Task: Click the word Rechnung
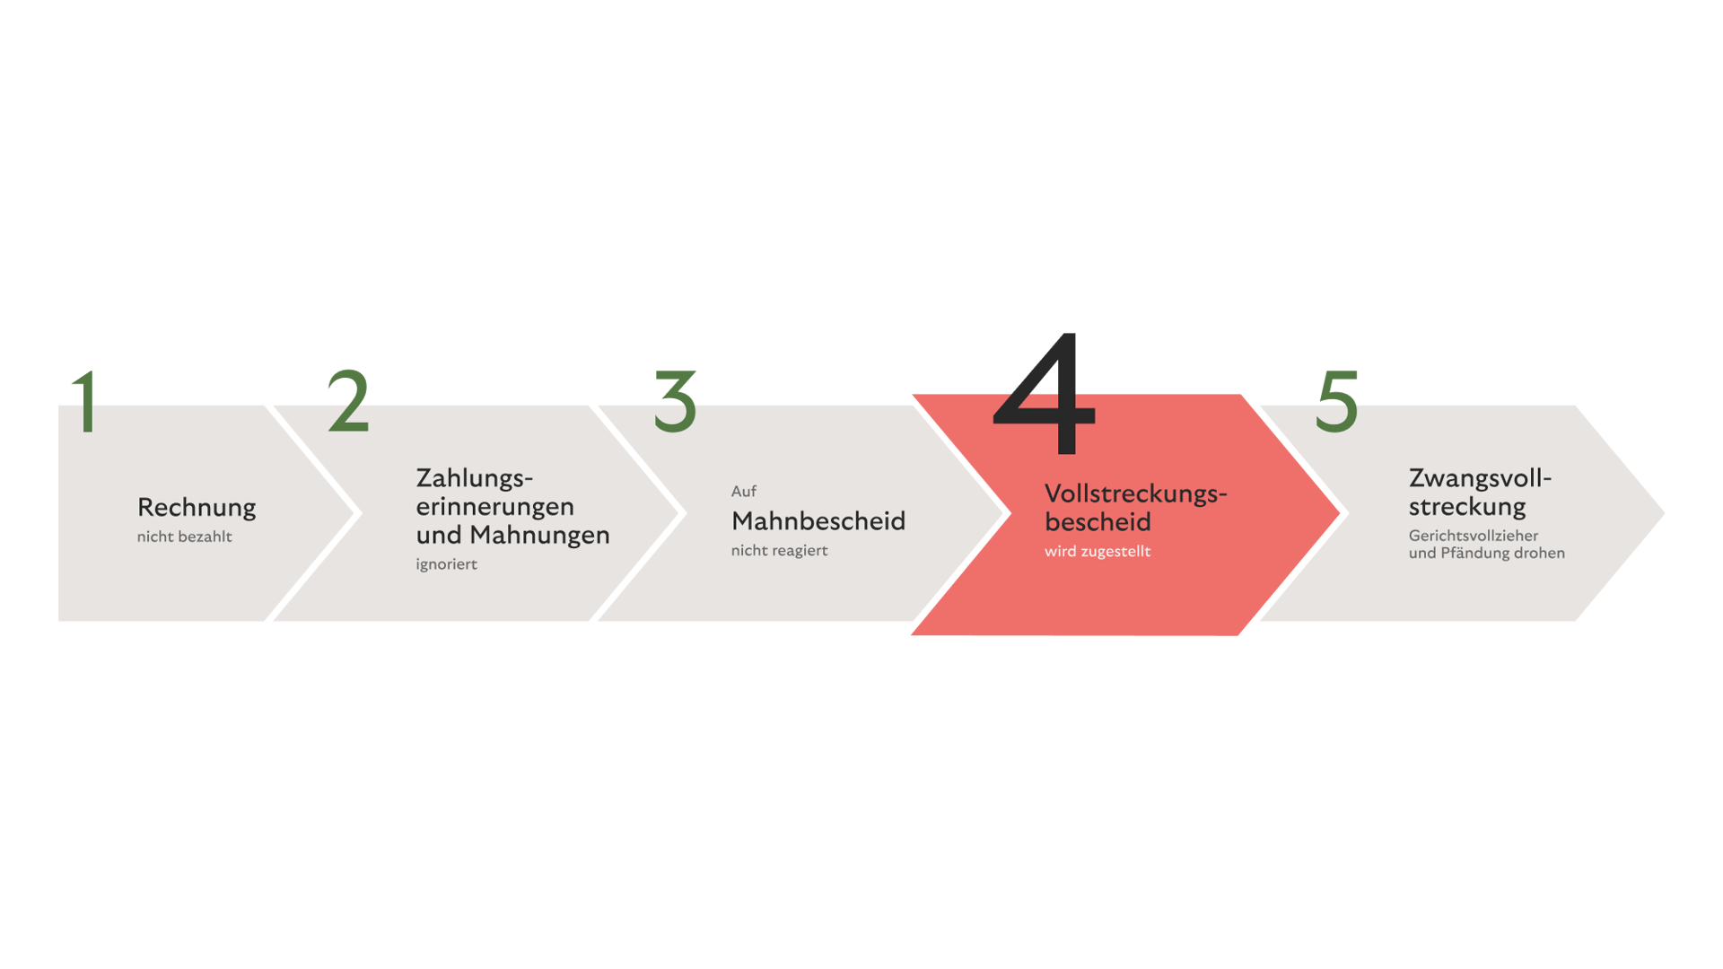tap(197, 508)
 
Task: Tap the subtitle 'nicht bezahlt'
tap(184, 537)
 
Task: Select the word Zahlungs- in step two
tap(474, 478)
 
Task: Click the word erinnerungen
tap(494, 507)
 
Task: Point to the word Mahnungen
tap(539, 536)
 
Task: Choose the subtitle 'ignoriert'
tap(446, 564)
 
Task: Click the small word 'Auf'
tap(743, 492)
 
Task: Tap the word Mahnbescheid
tap(818, 521)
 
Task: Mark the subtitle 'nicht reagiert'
tap(779, 551)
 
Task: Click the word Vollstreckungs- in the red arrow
tap(1135, 494)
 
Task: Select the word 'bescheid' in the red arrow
tap(1098, 522)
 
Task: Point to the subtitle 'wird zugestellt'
tap(1097, 552)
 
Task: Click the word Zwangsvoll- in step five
tap(1479, 478)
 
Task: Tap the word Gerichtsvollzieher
tap(1473, 536)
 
